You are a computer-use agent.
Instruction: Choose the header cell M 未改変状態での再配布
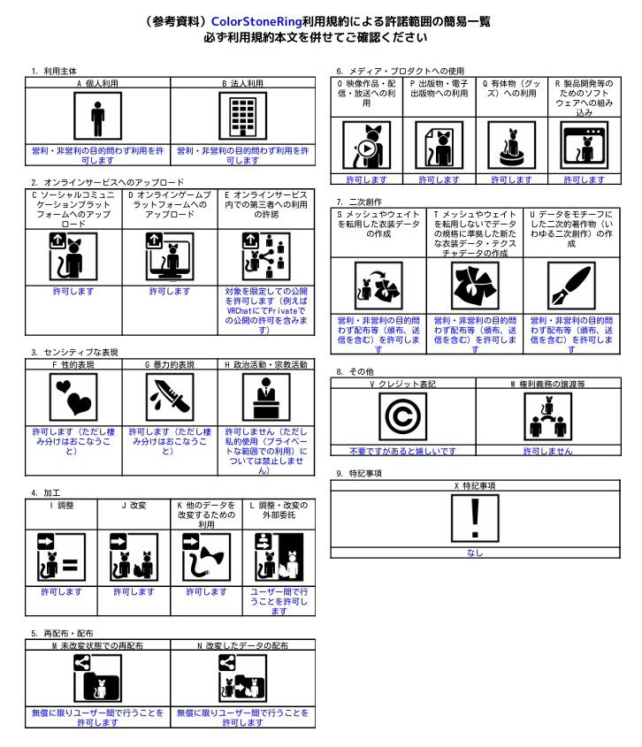pyautogui.click(x=97, y=645)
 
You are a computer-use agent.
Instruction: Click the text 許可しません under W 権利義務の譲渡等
pyautogui.click(x=547, y=451)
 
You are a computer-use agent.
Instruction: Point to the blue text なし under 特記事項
pyautogui.click(x=475, y=553)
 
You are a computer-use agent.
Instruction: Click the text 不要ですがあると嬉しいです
pyautogui.click(x=403, y=451)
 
